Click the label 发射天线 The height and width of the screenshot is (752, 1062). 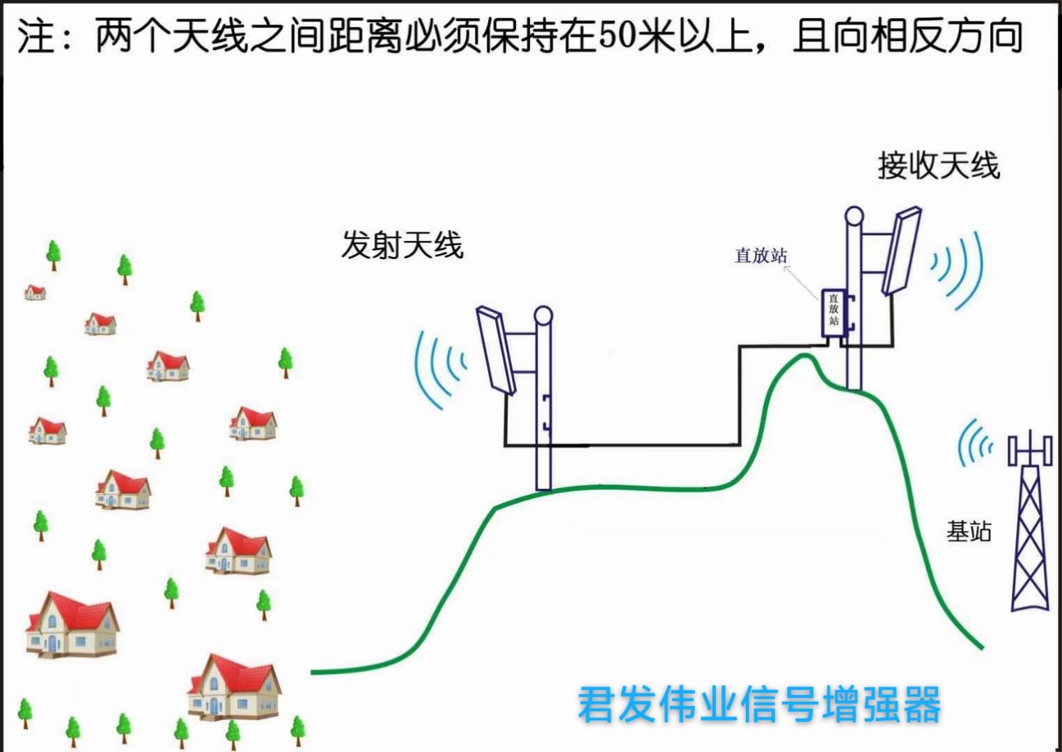[x=402, y=245]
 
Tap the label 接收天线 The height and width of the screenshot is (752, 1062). [x=938, y=166]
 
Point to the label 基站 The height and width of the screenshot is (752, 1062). [x=968, y=532]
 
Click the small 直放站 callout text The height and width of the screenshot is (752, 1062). [x=760, y=256]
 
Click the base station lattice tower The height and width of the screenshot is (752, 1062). [x=1030, y=536]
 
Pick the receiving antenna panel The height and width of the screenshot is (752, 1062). [x=903, y=251]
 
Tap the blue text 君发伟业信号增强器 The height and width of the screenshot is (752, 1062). [x=759, y=704]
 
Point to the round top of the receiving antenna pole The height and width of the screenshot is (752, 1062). [x=854, y=214]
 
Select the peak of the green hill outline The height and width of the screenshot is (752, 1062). [x=806, y=356]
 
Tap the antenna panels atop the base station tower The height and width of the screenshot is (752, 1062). [x=1030, y=449]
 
